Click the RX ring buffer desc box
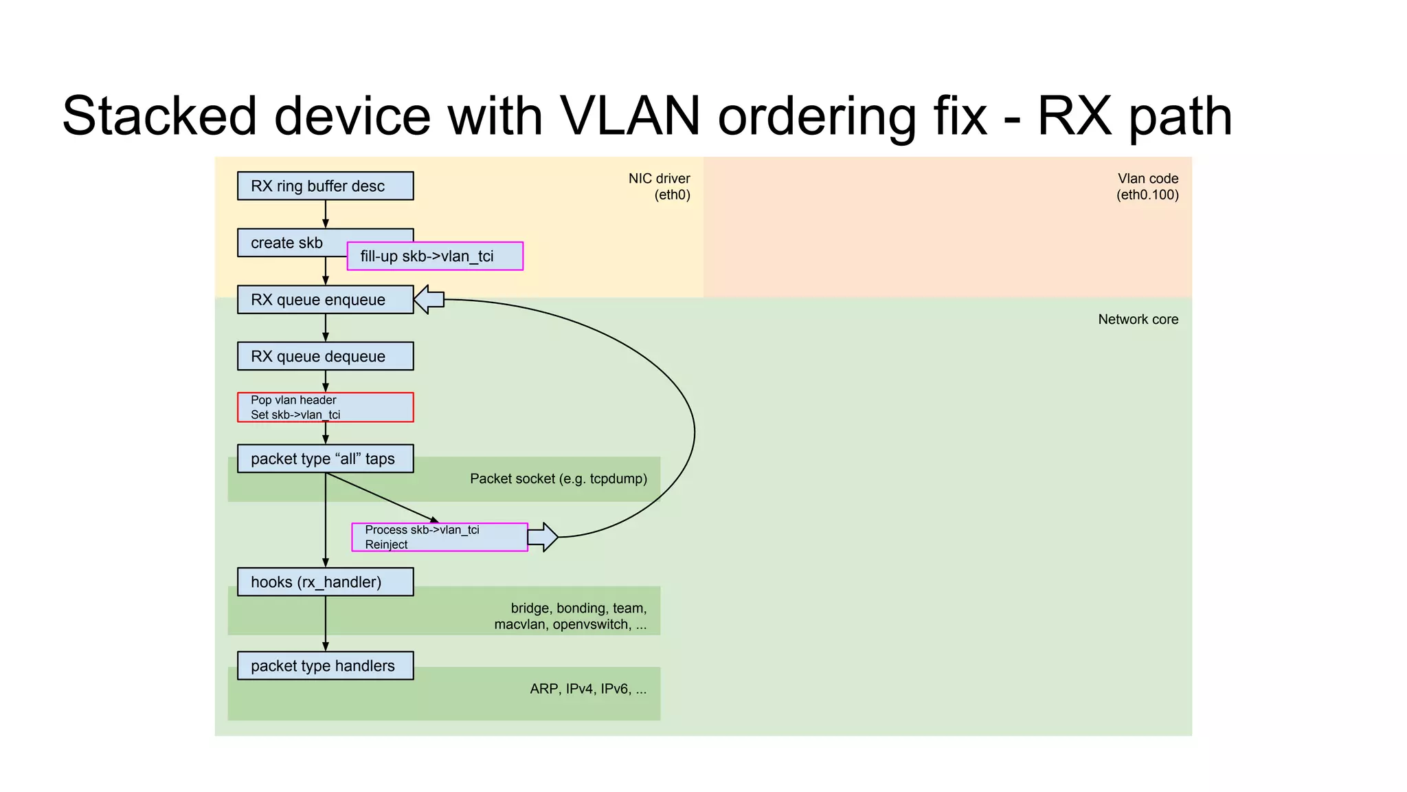(x=325, y=186)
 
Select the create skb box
(x=289, y=243)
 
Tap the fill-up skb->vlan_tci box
(x=434, y=256)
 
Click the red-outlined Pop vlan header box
(x=325, y=407)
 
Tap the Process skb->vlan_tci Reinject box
(x=439, y=537)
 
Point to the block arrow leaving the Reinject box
(x=543, y=537)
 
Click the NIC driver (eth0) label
(x=660, y=186)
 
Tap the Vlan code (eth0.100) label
(x=1147, y=186)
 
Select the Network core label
(x=1138, y=319)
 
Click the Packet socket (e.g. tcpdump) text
(x=558, y=478)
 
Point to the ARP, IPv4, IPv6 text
(x=588, y=689)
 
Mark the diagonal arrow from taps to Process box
(x=381, y=498)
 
